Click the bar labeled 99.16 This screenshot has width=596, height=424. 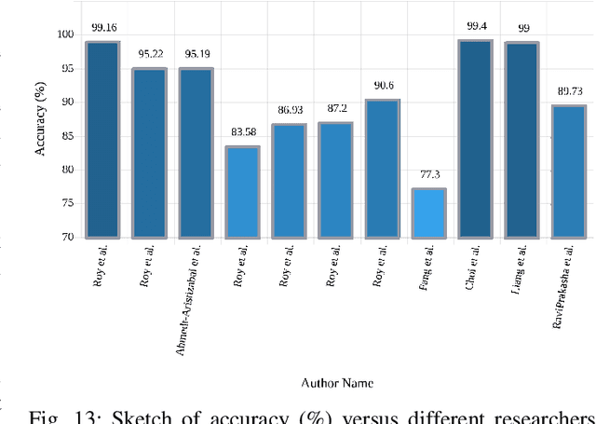point(102,140)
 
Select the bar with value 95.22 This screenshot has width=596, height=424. point(149,154)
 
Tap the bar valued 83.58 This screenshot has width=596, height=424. point(242,192)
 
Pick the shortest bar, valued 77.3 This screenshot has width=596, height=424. point(428,213)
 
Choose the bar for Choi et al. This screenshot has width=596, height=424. point(475,139)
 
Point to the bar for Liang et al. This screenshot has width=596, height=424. point(521,141)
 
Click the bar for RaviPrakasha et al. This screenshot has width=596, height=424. point(568,171)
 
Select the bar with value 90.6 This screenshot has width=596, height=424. point(382,169)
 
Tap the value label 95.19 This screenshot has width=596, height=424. point(196,54)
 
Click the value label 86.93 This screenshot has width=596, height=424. point(289,111)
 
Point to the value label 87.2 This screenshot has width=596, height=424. point(335,109)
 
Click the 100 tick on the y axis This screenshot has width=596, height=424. point(63,34)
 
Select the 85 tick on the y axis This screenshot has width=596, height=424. point(66,136)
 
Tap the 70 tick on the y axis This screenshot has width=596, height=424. point(66,238)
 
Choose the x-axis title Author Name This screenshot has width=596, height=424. point(337,383)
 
